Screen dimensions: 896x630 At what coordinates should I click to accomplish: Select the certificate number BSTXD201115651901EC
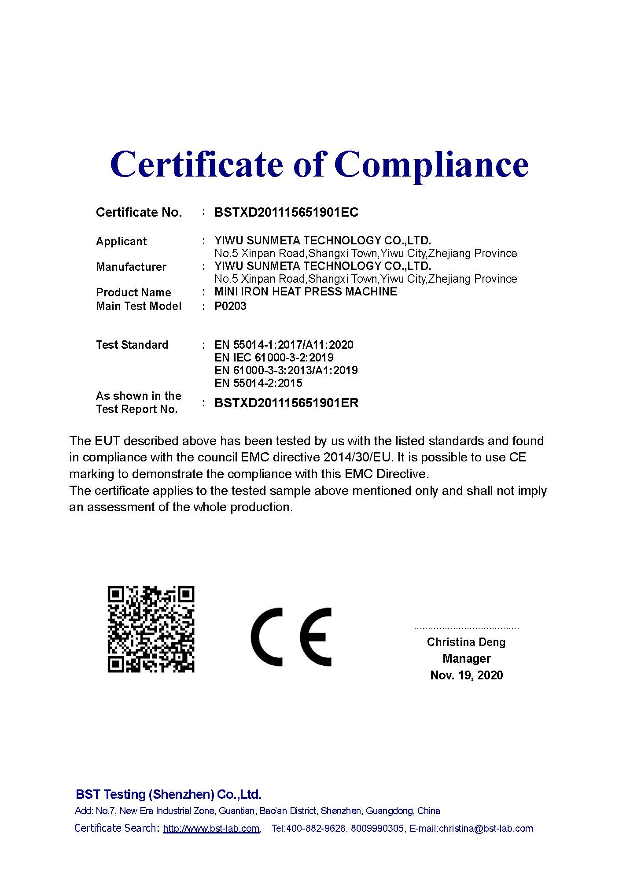286,213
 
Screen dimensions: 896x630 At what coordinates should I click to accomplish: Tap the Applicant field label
121,241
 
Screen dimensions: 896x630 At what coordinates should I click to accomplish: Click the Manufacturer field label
131,267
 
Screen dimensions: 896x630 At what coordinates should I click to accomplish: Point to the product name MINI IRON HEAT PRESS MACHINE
306,291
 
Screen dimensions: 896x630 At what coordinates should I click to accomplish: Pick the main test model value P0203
230,306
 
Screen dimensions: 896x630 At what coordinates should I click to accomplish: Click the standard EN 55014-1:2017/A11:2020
284,345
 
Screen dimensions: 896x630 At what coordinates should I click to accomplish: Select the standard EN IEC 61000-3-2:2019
274,358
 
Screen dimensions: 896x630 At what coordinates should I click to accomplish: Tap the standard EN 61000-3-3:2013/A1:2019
286,370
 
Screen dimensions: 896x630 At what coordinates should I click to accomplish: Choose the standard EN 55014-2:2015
258,383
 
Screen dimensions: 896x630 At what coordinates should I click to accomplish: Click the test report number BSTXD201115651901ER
286,403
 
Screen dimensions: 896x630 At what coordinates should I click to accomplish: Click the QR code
151,629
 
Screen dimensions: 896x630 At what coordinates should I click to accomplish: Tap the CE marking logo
291,637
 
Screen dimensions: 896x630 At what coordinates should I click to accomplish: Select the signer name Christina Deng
466,642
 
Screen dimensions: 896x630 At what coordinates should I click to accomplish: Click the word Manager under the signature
466,659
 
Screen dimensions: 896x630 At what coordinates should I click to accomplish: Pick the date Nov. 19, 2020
466,675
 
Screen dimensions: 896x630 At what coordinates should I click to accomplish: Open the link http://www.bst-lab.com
211,829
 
